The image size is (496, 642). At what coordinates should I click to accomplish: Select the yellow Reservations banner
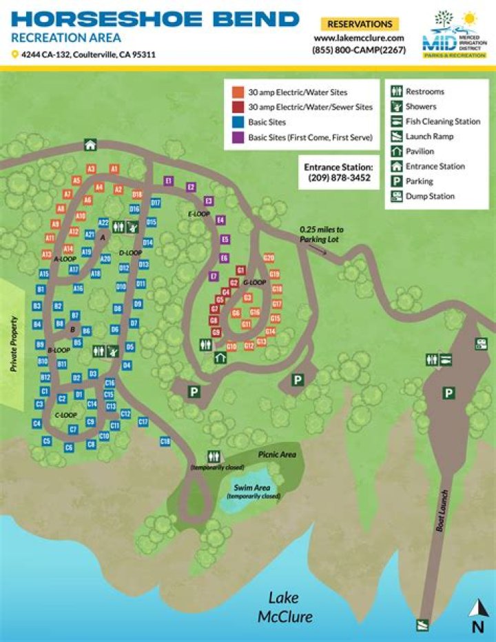pos(360,24)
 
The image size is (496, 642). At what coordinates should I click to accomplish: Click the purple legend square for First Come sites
pos(237,137)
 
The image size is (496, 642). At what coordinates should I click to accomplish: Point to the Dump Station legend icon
pos(396,197)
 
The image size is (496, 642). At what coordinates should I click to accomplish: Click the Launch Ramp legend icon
pos(396,137)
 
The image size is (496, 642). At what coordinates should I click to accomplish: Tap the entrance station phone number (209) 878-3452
pos(339,178)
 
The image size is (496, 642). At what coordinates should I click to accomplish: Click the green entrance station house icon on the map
pos(90,144)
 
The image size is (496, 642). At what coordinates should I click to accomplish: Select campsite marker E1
pos(168,181)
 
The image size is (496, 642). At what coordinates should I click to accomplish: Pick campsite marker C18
pos(165,441)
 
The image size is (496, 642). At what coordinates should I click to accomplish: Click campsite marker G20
pos(269,258)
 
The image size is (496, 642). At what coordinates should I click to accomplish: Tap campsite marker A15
pos(44,274)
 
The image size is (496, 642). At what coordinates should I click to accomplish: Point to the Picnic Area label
pos(277,454)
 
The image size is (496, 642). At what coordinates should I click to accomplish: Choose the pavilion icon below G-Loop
pos(220,357)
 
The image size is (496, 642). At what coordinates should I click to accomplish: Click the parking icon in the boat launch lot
pos(449,393)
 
